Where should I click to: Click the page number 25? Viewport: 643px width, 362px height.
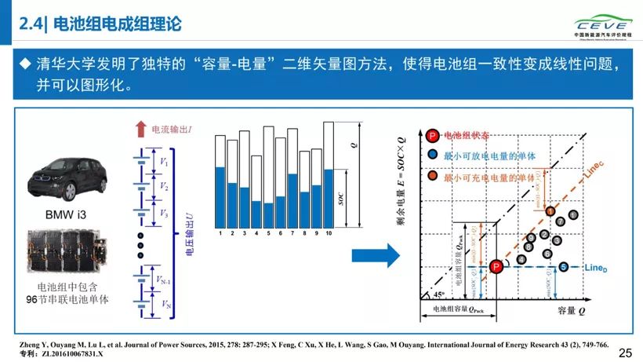click(625, 353)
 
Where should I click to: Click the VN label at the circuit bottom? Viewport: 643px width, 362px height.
click(163, 304)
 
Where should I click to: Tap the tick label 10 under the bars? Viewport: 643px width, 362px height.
click(329, 234)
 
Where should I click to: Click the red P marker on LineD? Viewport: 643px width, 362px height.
click(496, 268)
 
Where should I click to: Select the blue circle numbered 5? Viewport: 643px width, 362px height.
click(563, 268)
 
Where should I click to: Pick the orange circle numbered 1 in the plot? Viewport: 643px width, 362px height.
click(550, 210)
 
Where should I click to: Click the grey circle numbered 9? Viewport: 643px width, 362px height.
click(531, 236)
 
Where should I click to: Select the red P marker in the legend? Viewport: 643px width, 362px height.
click(433, 136)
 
